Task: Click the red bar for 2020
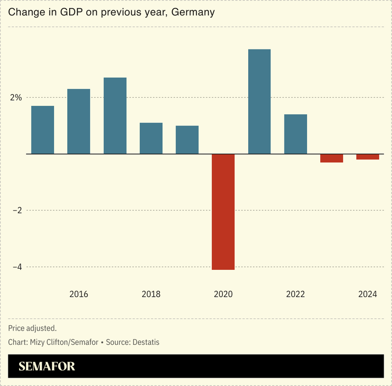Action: point(223,212)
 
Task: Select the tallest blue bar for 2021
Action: point(259,102)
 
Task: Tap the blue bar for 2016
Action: point(78,121)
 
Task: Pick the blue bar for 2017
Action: point(115,116)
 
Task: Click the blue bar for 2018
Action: point(151,138)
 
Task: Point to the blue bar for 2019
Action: point(187,140)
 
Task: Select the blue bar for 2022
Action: point(295,134)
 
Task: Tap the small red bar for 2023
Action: point(332,158)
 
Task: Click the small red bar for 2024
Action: point(367,157)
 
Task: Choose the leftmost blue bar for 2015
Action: point(43,130)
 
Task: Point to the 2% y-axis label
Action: point(16,98)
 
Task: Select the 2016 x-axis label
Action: point(78,295)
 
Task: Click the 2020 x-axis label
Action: point(223,295)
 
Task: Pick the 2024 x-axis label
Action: point(367,295)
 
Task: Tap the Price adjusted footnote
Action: point(32,328)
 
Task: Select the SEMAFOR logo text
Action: point(47,366)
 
